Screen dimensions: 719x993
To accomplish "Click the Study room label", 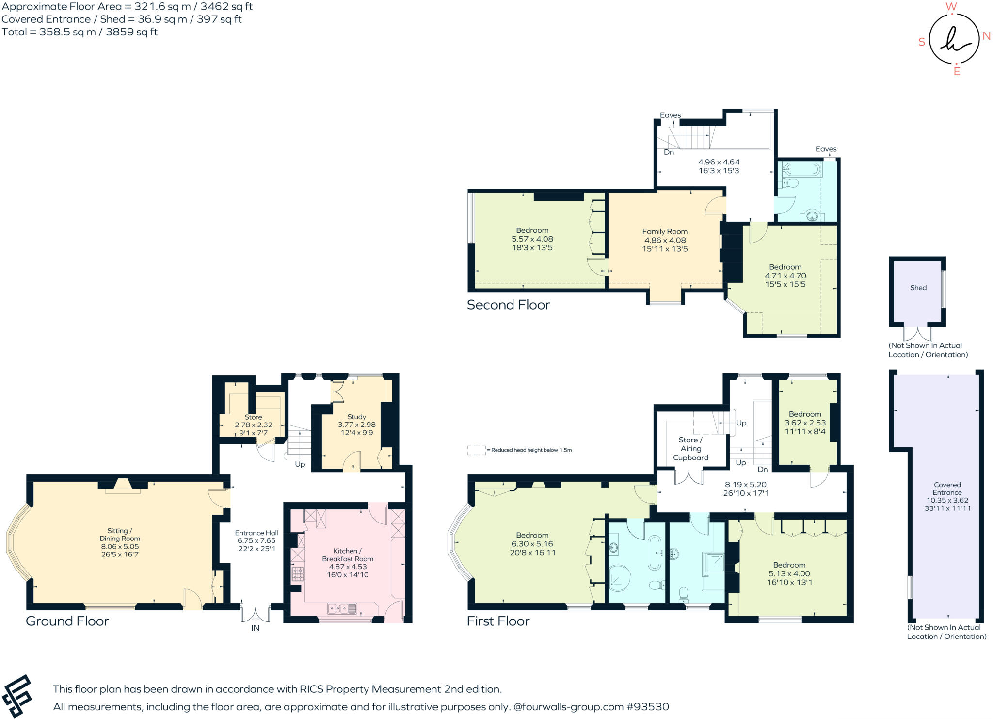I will pos(356,417).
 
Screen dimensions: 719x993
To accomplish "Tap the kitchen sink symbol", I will pos(342,608).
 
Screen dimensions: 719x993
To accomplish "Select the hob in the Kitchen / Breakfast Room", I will pos(297,574).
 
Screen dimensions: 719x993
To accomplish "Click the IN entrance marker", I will pos(255,628).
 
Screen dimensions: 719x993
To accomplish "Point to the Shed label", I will pos(918,288).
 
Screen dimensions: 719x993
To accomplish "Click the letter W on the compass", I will pos(951,7).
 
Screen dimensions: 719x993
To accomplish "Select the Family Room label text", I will pos(665,232).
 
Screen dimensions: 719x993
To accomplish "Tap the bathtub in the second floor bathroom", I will pos(802,170).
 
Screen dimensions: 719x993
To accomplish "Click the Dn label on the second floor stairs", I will pos(669,152).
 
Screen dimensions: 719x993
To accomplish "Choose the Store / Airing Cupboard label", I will pos(690,449).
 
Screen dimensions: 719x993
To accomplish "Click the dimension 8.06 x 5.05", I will pos(120,546).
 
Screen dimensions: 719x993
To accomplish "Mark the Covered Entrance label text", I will pos(947,489).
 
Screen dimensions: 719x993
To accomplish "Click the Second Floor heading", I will pos(508,305).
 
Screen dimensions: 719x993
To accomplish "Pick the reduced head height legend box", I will pos(476,450).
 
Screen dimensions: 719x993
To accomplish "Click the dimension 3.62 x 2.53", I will pos(805,423).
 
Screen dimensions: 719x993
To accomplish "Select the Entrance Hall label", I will pos(256,533).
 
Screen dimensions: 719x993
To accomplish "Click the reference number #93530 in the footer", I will pos(648,707).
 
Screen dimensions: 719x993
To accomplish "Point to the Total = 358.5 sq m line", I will pos(80,32).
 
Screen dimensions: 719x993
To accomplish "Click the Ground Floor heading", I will pos(67,621).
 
